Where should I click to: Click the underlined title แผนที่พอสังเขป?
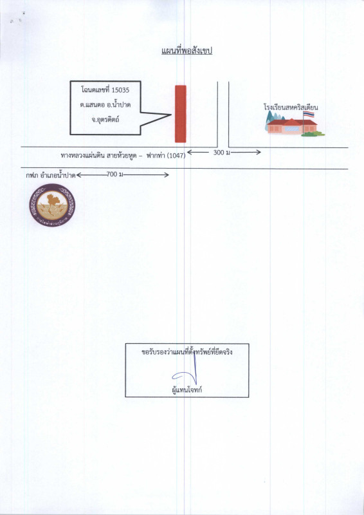187,51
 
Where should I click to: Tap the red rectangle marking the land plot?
181,114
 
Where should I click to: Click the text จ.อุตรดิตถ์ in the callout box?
105,119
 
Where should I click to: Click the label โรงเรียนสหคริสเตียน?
291,107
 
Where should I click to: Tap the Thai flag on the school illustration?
309,114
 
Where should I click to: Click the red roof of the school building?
292,122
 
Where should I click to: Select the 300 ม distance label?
221,152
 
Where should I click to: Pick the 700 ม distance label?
115,174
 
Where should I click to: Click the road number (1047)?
176,156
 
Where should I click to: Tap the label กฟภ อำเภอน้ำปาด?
51,175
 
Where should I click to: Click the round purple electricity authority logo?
52,205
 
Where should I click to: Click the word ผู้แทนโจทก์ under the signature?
187,390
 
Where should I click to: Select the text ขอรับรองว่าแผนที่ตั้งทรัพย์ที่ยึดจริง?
187,352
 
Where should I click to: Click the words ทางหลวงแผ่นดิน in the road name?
81,156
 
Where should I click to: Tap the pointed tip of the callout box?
171,115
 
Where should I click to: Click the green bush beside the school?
313,134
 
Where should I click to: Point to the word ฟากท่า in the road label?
155,156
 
